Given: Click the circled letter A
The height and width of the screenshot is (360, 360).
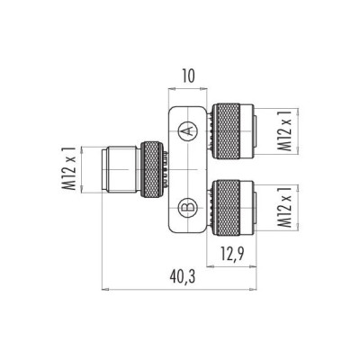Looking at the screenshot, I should (x=187, y=132).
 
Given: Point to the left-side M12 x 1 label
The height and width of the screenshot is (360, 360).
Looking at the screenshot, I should (x=67, y=168).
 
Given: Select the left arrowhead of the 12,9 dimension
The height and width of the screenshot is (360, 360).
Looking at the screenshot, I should (x=210, y=266).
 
